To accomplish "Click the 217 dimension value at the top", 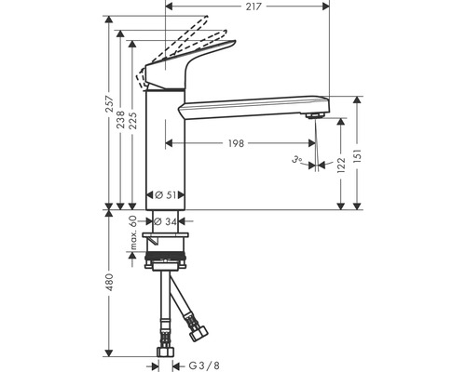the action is (x=254, y=7).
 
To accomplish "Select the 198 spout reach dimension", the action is (x=237, y=143).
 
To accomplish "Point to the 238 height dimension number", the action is (x=120, y=119).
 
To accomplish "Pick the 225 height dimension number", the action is (x=132, y=119).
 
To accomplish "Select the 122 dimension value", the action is (x=341, y=166).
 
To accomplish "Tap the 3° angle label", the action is (x=296, y=160).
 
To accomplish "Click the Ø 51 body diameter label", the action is (x=165, y=195).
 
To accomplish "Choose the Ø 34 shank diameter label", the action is (x=165, y=221).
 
